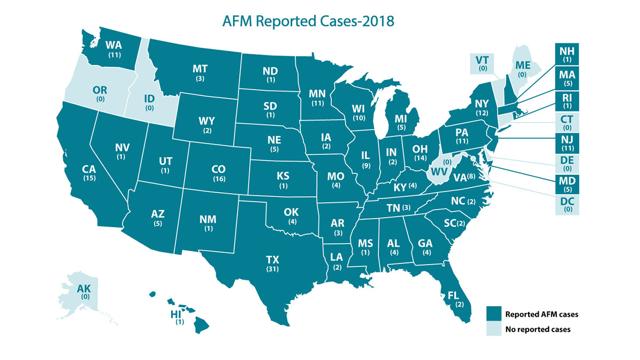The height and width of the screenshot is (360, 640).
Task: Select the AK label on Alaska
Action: point(84,289)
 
